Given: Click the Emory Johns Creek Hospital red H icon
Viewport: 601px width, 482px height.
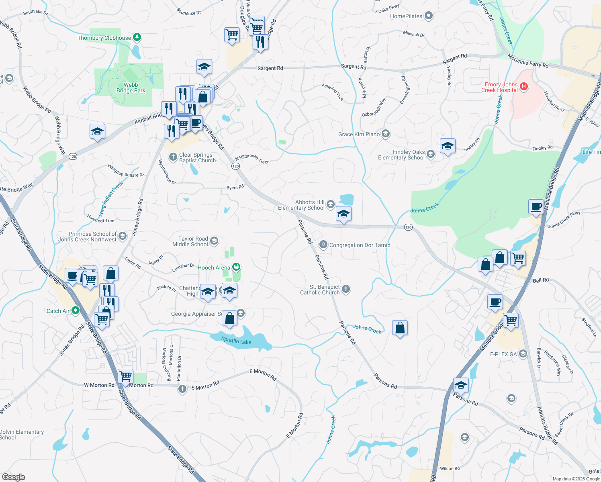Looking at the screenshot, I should click(x=523, y=86).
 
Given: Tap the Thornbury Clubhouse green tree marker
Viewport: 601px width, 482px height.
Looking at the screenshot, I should click(x=137, y=37).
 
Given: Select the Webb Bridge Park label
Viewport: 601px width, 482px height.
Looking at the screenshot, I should click(x=131, y=88).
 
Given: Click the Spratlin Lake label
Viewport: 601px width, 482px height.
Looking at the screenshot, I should click(x=236, y=341).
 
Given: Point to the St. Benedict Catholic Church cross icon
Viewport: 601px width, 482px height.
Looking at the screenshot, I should click(x=345, y=289).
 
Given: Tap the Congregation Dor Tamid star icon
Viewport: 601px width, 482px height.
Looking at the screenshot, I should click(x=323, y=245).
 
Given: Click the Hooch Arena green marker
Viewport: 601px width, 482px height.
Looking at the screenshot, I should click(x=237, y=267).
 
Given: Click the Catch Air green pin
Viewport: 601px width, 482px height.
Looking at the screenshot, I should click(x=75, y=310).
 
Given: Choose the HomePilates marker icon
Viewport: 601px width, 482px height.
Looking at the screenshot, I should click(x=429, y=16).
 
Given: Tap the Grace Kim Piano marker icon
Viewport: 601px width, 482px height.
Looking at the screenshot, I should click(x=386, y=134).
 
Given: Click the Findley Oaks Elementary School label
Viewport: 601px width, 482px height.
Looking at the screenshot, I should click(x=401, y=155).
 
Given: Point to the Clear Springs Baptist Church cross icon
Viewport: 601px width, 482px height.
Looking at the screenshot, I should click(x=173, y=157).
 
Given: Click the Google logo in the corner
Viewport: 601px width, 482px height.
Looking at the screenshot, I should click(x=14, y=477).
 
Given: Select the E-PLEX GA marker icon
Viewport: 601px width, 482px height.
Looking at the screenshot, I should click(x=523, y=354).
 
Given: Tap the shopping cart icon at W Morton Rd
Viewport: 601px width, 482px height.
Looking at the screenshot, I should click(x=126, y=376).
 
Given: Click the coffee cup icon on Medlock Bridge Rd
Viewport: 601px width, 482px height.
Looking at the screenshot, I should click(x=536, y=206).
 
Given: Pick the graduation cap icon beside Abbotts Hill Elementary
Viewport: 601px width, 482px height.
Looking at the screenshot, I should click(x=343, y=214).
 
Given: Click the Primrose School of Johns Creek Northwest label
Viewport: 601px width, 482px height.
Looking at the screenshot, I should click(x=87, y=237).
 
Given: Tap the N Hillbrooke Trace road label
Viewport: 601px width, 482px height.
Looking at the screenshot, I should click(x=252, y=159).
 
